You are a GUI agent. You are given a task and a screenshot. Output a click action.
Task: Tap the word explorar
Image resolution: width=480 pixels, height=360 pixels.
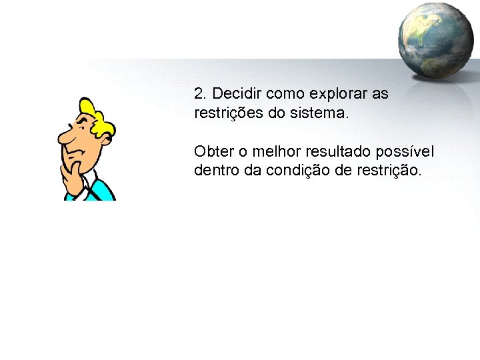point(337,93)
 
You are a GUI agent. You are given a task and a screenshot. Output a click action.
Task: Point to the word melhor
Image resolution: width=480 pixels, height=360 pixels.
point(278,151)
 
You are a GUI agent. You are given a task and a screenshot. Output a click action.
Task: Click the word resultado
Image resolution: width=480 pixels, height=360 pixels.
point(341,151)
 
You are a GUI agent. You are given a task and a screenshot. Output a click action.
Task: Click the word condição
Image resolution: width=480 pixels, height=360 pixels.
point(301,170)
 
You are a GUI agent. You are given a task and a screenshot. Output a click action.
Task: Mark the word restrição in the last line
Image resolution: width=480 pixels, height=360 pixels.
point(391,170)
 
